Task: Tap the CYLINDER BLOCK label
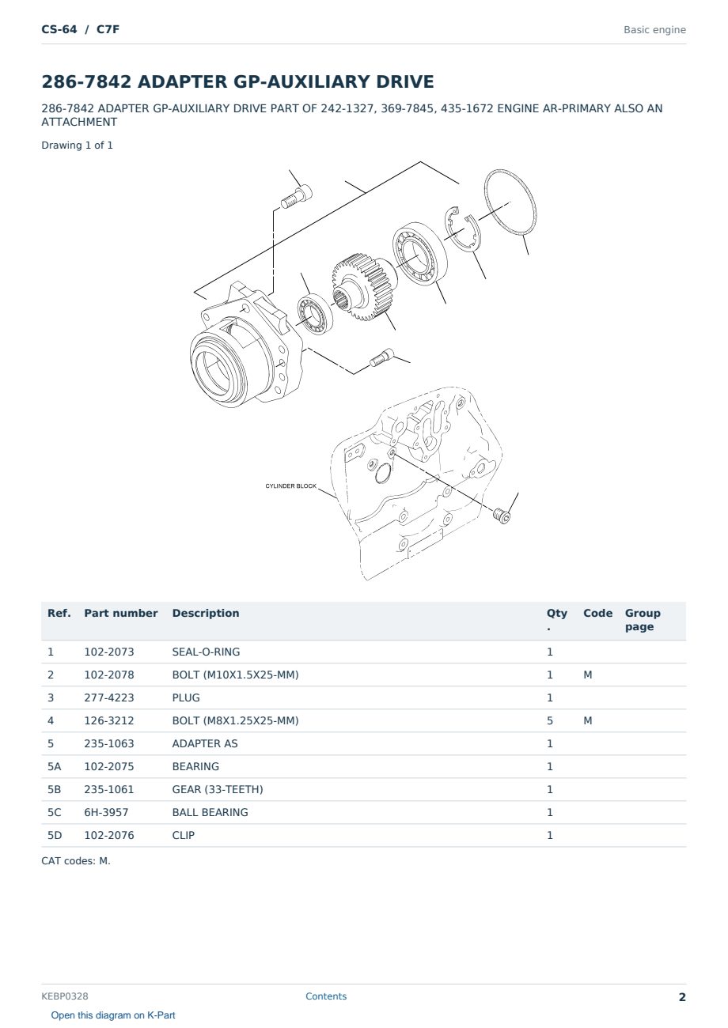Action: click(290, 486)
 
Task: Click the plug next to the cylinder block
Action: click(503, 516)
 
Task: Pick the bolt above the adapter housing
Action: click(296, 198)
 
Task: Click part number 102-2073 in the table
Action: click(109, 652)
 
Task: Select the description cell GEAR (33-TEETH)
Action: click(218, 789)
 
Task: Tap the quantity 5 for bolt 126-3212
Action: click(550, 720)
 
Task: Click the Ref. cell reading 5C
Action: click(54, 812)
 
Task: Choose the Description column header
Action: click(206, 613)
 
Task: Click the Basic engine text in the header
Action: click(654, 30)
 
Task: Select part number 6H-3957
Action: click(106, 812)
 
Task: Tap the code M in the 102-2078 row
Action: click(587, 675)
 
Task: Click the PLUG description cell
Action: click(186, 697)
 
